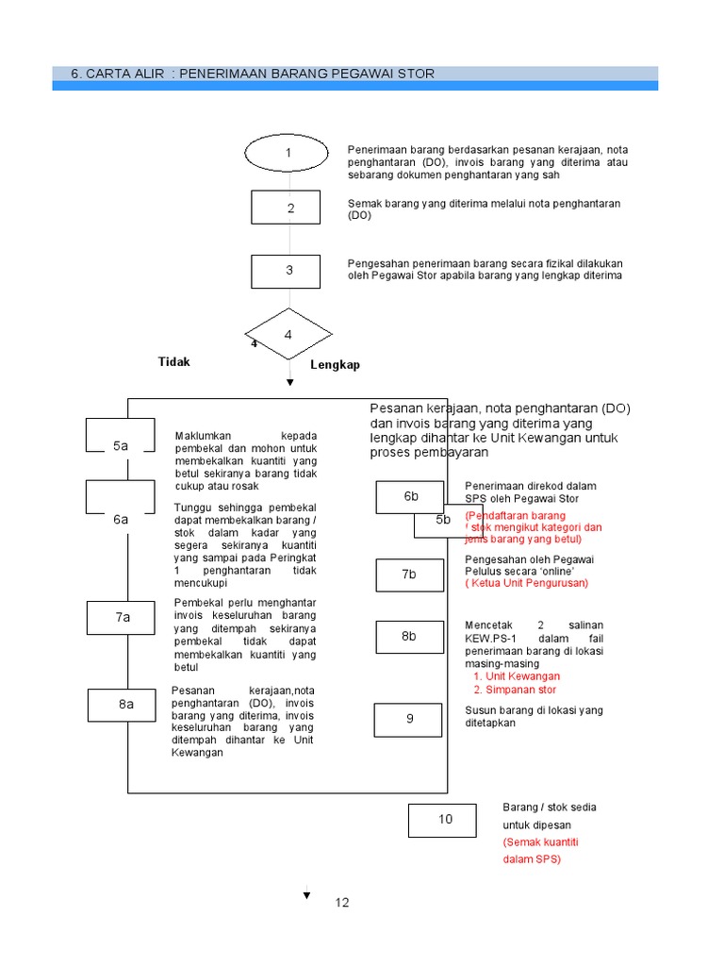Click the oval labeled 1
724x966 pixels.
coord(288,153)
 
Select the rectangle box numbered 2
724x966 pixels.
coord(290,208)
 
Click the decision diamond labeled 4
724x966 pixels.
coord(288,335)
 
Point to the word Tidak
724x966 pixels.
coord(173,362)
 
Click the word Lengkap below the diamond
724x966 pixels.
coord(335,365)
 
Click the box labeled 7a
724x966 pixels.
coord(123,617)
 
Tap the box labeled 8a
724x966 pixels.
coord(125,704)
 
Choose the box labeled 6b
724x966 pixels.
coord(410,496)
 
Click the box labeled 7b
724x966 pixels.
coord(408,574)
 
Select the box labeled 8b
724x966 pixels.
coord(408,637)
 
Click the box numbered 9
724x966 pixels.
coord(409,719)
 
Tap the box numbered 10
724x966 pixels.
coord(442,819)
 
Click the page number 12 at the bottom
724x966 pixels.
coord(341,903)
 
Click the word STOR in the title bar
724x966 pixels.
coord(418,74)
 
